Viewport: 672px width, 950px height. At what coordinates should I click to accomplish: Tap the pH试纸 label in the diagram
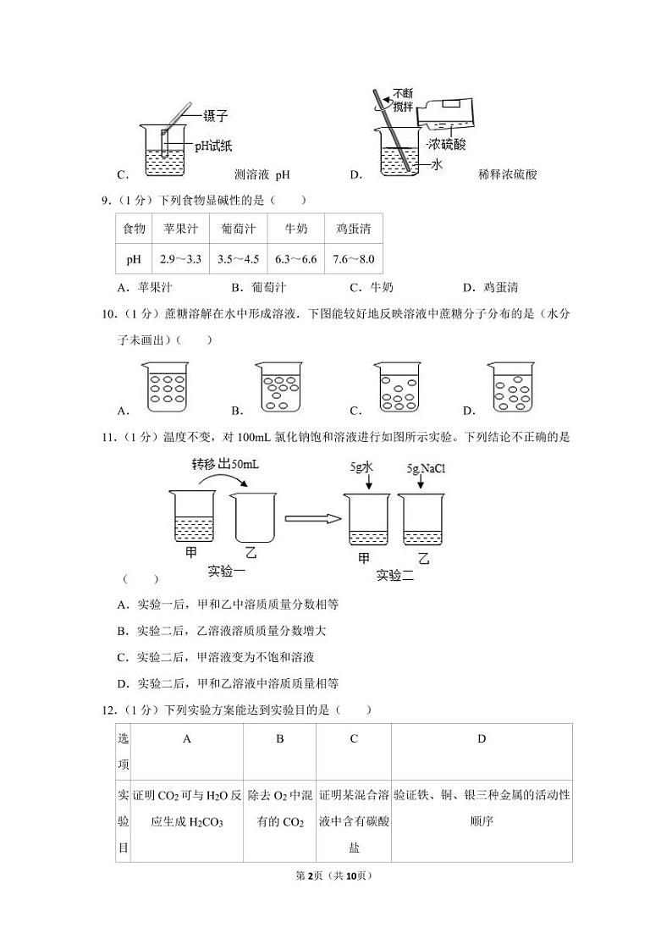point(214,145)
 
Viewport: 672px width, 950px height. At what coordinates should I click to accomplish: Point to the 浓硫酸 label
point(448,144)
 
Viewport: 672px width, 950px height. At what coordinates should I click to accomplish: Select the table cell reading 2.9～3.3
point(179,259)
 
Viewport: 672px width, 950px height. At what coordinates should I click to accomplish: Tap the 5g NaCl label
point(425,467)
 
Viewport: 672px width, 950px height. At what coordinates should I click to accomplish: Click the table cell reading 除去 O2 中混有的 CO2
point(279,808)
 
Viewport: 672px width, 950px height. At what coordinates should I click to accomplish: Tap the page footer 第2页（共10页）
point(336,875)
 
